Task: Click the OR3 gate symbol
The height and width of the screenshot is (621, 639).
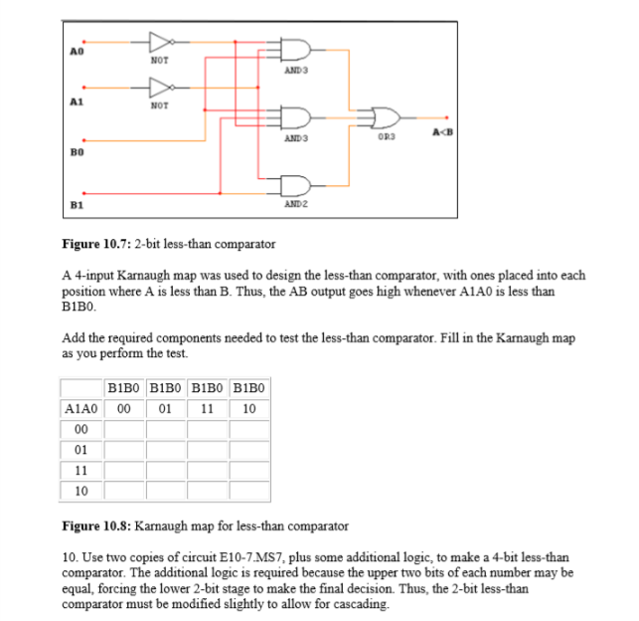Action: pos(385,117)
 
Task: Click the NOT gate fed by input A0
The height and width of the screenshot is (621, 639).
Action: pos(159,42)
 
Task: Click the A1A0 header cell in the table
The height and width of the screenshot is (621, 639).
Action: pos(80,408)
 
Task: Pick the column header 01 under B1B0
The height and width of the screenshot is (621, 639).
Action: pos(165,408)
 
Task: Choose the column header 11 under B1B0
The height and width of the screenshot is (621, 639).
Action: pos(207,408)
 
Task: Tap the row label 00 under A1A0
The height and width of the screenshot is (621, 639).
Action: pos(80,429)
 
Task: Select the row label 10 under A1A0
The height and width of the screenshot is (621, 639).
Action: pos(80,492)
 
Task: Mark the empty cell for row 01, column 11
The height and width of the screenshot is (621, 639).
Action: pos(207,450)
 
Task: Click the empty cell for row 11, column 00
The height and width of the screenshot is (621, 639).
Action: pos(123,471)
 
